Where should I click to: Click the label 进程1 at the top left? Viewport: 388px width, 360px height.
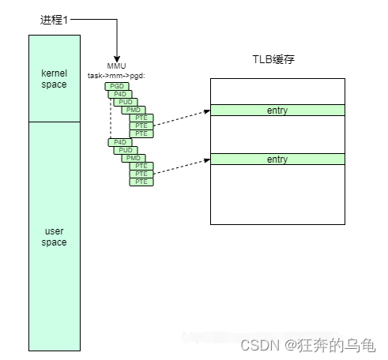coord(55,19)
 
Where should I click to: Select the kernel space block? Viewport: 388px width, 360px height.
coord(55,78)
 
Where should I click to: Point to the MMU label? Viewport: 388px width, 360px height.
coord(116,66)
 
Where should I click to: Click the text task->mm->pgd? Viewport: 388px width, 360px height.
coord(117,75)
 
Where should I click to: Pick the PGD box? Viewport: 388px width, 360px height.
coord(115,85)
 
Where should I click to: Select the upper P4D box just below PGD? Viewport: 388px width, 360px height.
coord(120,93)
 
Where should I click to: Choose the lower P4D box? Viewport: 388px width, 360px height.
coord(120,142)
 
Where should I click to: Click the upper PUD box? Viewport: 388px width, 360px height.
coord(126,102)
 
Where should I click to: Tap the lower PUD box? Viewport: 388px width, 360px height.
coord(126,150)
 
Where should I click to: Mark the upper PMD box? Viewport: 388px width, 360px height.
coord(133,110)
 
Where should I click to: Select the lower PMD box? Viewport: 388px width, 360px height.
coord(133,158)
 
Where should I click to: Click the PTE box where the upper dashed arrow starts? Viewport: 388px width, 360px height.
coord(141,126)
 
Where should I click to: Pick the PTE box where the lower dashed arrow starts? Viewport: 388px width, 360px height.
coord(141,174)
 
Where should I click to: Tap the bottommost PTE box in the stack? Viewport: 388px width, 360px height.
coord(141,182)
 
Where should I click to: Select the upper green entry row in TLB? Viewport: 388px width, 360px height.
coord(277,111)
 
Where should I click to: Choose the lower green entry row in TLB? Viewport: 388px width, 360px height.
coord(277,159)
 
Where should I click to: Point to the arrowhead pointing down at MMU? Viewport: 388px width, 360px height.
coord(116,55)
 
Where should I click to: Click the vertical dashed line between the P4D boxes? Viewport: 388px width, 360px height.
coord(111,118)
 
